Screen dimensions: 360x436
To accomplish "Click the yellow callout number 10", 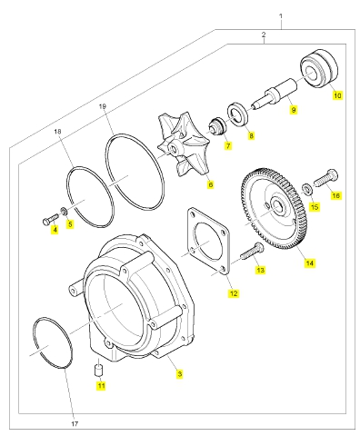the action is (x=337, y=95).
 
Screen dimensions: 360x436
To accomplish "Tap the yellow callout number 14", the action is (x=309, y=263).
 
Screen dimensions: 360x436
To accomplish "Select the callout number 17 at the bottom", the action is (x=75, y=424).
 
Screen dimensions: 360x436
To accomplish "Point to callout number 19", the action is (x=103, y=106).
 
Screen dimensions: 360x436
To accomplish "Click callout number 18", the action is (x=57, y=132).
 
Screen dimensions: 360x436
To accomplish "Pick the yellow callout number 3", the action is (x=180, y=374).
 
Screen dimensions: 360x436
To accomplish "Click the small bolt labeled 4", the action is (x=51, y=219).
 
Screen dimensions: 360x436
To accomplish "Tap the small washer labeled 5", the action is (x=64, y=211).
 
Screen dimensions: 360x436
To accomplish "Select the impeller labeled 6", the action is (x=182, y=145).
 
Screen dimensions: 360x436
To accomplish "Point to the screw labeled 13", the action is (x=252, y=253).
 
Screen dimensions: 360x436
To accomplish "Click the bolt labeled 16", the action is (x=325, y=178).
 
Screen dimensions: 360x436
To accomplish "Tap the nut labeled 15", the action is (x=305, y=188).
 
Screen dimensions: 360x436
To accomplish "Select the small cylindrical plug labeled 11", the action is (x=98, y=368).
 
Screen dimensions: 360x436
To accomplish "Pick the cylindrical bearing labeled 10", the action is (x=319, y=68).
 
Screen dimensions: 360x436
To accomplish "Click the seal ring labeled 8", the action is (x=238, y=115).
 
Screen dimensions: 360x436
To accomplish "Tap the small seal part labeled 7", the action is (x=216, y=127).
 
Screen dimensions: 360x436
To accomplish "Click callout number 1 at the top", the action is (x=281, y=15).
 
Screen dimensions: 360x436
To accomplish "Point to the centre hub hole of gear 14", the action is (x=277, y=205).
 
